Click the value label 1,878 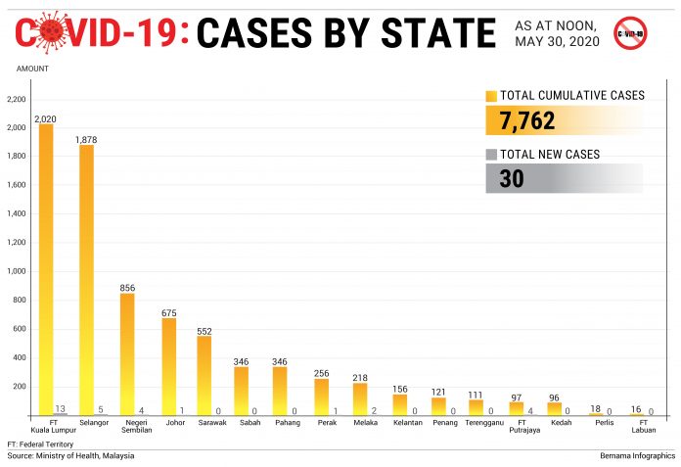click(x=87, y=139)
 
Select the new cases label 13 click(x=61, y=408)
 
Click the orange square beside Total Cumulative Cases click(x=491, y=96)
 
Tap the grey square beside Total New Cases click(x=491, y=155)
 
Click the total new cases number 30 click(x=512, y=179)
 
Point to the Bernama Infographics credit click(x=637, y=455)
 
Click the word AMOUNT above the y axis click(x=31, y=69)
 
